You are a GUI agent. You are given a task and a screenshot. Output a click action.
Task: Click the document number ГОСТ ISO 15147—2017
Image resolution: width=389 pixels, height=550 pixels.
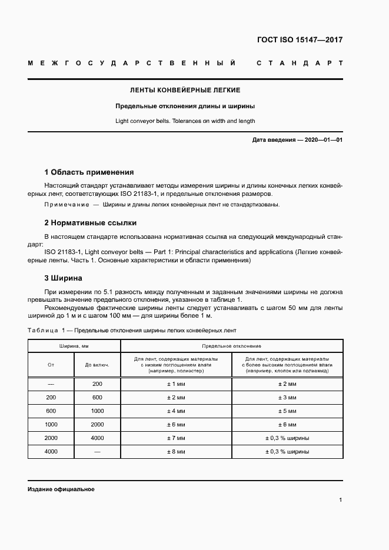tap(300, 40)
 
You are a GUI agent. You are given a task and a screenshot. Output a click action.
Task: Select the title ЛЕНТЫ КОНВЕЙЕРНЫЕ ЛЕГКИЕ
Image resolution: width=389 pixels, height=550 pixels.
tap(185, 91)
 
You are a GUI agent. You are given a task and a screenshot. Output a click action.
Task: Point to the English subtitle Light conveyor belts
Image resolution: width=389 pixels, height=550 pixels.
tap(185, 121)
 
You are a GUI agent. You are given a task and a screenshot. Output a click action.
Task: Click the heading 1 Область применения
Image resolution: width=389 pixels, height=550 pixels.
tap(89, 172)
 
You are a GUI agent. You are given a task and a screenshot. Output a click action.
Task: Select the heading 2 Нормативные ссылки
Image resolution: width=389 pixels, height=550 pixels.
tap(91, 223)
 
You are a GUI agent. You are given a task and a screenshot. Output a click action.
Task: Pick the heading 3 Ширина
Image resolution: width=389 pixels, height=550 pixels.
tap(64, 278)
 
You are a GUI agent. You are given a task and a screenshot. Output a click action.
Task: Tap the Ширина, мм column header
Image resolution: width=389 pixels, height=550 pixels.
tap(74, 346)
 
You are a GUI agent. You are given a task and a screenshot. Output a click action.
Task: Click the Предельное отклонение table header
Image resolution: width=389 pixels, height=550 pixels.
tap(231, 346)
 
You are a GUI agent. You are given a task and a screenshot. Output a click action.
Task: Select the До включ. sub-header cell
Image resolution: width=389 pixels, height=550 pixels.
tap(97, 365)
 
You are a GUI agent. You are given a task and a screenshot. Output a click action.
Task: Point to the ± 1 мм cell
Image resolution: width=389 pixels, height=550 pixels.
tap(177, 384)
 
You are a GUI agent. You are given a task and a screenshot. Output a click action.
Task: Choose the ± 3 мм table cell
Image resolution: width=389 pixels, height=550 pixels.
tap(287, 398)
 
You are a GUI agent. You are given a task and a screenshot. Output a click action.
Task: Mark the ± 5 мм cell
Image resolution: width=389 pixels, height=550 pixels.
tap(287, 411)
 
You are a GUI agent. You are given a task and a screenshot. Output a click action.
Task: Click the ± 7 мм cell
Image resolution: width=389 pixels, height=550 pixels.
tap(177, 438)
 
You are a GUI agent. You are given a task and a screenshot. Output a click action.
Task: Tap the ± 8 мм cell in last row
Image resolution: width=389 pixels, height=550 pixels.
tap(177, 452)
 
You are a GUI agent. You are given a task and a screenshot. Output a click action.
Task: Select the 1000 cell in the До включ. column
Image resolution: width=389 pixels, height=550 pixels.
tap(97, 411)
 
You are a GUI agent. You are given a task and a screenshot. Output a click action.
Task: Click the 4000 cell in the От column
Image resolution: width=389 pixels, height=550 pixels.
tap(51, 452)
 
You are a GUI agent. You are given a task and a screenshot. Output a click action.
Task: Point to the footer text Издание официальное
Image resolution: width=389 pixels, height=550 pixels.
tap(61, 489)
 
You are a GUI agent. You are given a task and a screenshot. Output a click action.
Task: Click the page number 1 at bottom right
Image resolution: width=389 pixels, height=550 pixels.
tap(341, 500)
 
